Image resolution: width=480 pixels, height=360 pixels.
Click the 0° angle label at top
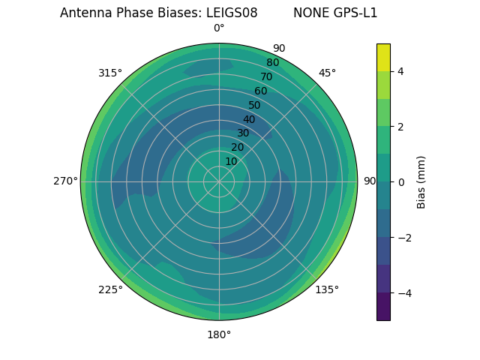tap(219, 28)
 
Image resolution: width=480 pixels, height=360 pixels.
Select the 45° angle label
tap(327, 73)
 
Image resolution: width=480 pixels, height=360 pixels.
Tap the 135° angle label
tap(327, 289)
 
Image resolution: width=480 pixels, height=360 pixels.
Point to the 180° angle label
tap(219, 334)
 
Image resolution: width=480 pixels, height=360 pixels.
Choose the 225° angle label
tap(110, 289)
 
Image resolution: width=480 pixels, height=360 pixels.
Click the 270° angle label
tap(65, 181)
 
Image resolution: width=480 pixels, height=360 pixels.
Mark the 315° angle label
tap(110, 73)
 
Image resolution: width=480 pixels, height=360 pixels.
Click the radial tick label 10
tap(231, 161)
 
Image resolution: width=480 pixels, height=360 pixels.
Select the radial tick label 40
tap(249, 119)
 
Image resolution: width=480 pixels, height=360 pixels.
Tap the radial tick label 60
tap(260, 91)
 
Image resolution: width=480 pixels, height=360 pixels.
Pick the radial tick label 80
tap(272, 63)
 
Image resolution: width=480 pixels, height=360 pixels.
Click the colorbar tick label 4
tap(400, 71)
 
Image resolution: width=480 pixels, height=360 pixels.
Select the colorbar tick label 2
tap(400, 127)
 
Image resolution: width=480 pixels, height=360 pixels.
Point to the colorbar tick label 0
tap(400, 182)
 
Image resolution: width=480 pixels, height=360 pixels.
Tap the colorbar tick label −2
tap(403, 238)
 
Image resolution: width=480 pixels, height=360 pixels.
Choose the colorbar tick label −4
tap(403, 293)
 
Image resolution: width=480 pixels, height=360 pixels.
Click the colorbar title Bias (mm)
tap(421, 182)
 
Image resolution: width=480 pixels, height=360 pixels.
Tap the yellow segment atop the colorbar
tap(383, 57)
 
